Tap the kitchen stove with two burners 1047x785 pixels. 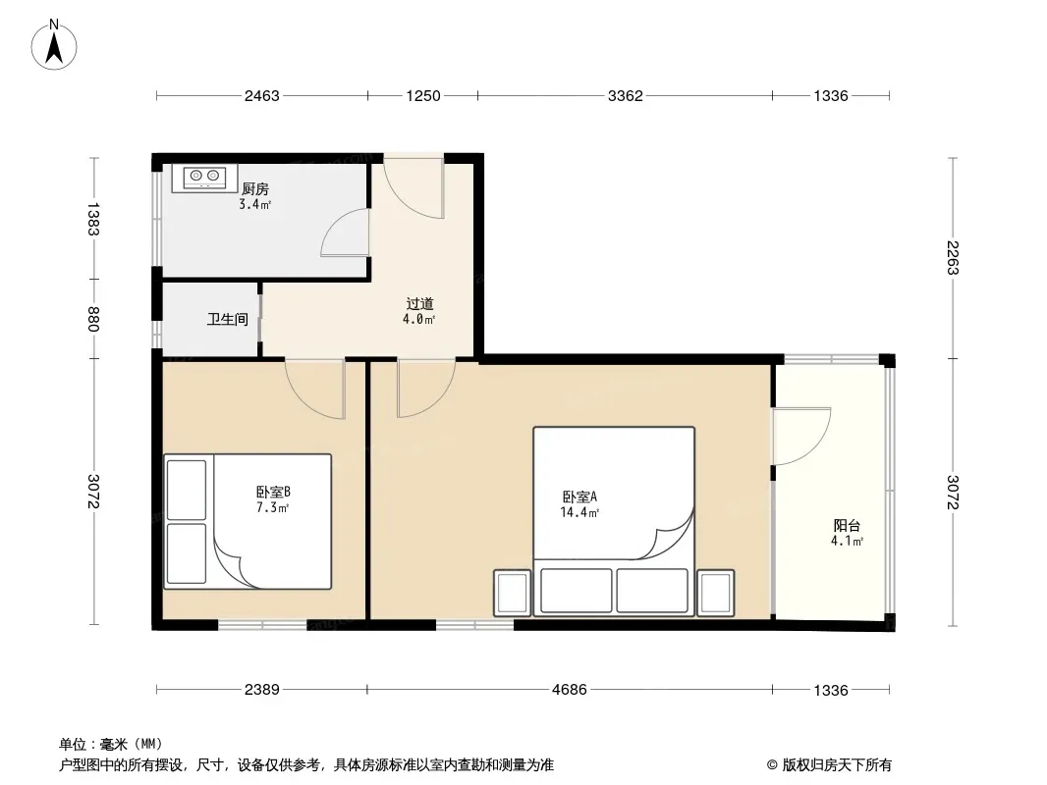click(204, 178)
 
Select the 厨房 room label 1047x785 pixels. click(255, 189)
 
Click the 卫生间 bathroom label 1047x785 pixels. click(228, 320)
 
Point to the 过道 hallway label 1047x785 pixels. click(420, 304)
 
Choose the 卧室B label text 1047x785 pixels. click(273, 493)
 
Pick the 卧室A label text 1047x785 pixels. click(579, 497)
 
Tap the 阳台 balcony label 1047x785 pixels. click(847, 526)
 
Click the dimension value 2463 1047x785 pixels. click(261, 96)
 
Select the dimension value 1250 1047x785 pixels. click(423, 96)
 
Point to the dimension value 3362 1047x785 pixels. click(625, 96)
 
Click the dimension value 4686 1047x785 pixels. click(569, 690)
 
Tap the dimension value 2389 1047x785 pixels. click(261, 690)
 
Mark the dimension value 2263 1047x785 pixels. click(953, 257)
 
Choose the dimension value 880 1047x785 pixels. click(92, 319)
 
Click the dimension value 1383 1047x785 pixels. click(92, 219)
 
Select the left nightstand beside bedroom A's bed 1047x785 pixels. click(512, 593)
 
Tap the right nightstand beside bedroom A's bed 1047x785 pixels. click(715, 593)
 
